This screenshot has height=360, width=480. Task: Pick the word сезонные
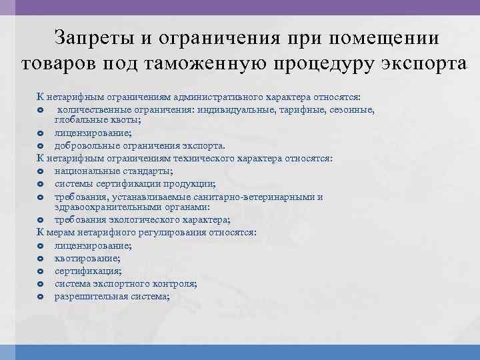(352, 109)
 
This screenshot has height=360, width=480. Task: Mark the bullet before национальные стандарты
(40, 171)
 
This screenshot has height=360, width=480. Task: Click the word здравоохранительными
(105, 207)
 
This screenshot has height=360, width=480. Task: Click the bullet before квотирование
(40, 259)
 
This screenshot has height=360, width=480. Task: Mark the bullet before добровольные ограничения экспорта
(40, 146)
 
